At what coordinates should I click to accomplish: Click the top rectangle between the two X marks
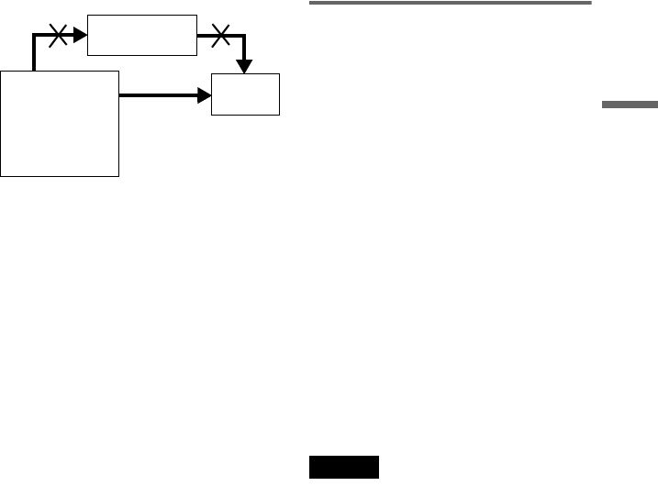point(142,35)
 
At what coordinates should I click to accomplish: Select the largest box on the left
point(61,123)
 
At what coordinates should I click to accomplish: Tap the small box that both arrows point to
point(245,94)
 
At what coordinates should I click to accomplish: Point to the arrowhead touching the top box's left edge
point(81,36)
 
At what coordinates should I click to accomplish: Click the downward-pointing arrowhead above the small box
point(245,66)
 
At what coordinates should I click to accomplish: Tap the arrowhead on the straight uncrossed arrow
point(205,94)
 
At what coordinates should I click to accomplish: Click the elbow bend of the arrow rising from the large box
point(34,37)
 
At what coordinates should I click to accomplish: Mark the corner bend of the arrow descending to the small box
point(245,37)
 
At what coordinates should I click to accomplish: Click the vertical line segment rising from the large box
point(34,53)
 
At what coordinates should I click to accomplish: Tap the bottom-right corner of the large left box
point(119,176)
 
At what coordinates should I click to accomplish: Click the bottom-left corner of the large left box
point(2,176)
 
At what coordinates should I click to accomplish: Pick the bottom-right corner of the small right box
point(279,115)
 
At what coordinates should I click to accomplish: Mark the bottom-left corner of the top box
point(87,55)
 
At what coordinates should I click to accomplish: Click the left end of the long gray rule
point(310,4)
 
